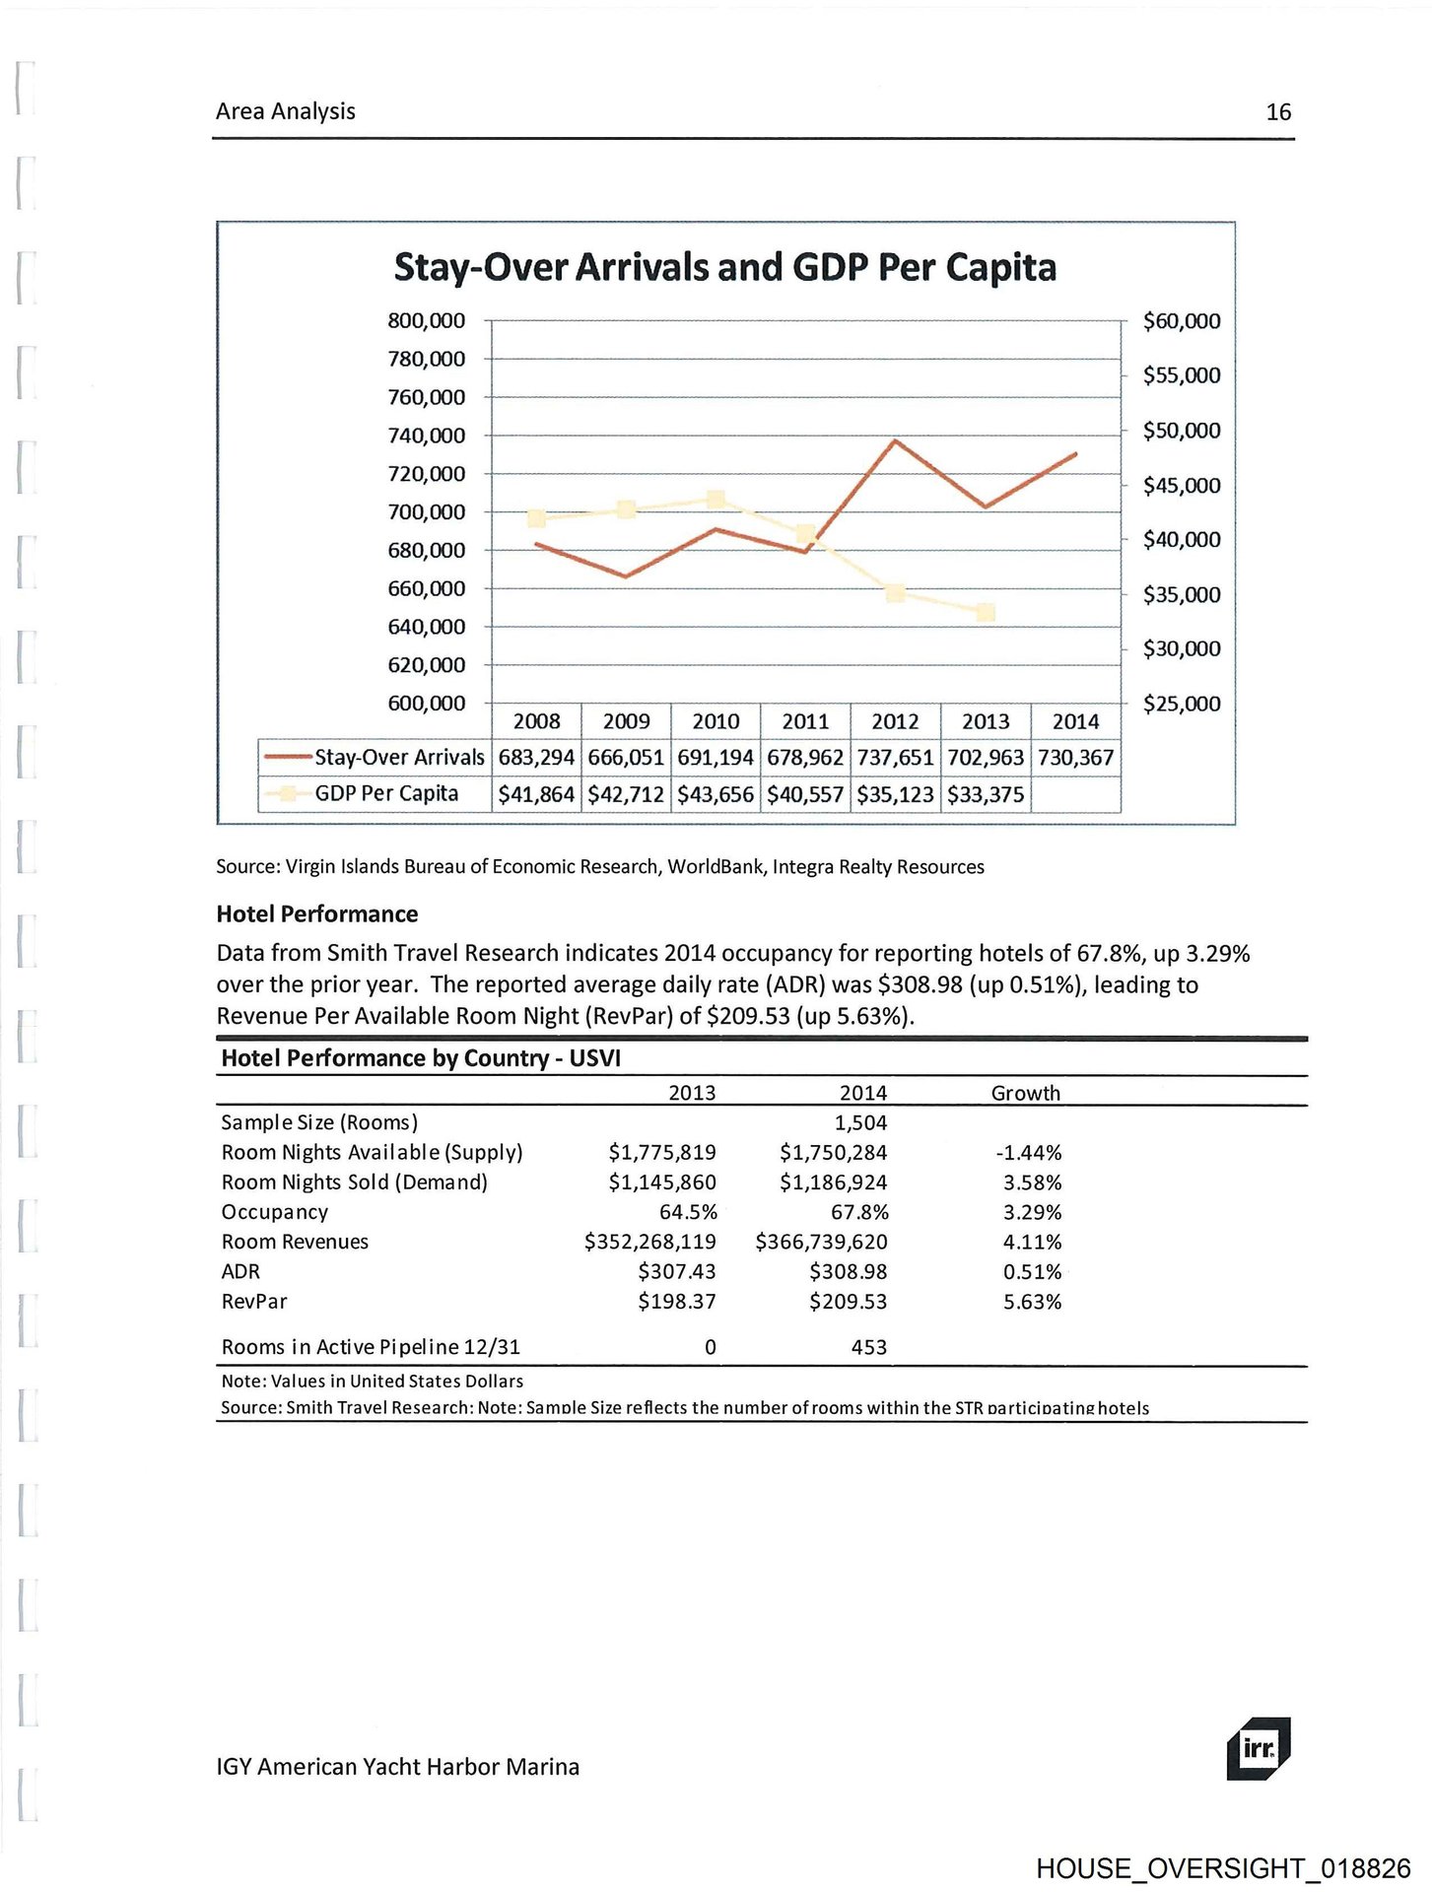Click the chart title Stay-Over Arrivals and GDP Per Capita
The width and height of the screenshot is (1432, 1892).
point(724,267)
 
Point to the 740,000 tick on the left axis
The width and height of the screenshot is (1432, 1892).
point(426,436)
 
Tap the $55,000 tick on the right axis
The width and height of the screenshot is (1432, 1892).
point(1181,375)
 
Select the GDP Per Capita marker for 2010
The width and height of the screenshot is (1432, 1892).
point(716,500)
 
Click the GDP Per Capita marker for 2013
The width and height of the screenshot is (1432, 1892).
point(986,613)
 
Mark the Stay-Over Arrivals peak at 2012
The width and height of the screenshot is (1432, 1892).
point(895,440)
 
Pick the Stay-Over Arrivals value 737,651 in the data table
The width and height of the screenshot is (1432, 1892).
point(895,758)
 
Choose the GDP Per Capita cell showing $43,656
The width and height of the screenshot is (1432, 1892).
point(716,794)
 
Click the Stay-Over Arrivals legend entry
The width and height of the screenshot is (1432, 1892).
point(375,758)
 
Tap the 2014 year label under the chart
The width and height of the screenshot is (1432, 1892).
point(1075,721)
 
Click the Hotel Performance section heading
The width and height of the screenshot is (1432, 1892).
point(316,913)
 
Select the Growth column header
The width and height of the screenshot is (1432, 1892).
point(1025,1093)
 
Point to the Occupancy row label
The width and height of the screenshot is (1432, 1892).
point(274,1212)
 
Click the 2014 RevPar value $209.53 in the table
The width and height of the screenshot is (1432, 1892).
point(848,1302)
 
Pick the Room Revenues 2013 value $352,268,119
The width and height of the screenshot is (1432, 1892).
point(649,1242)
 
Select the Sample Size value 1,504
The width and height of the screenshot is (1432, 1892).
point(860,1122)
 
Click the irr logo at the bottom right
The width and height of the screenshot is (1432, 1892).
point(1259,1749)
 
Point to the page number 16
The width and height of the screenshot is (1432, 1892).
point(1278,112)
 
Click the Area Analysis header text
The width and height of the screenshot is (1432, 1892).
point(285,111)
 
